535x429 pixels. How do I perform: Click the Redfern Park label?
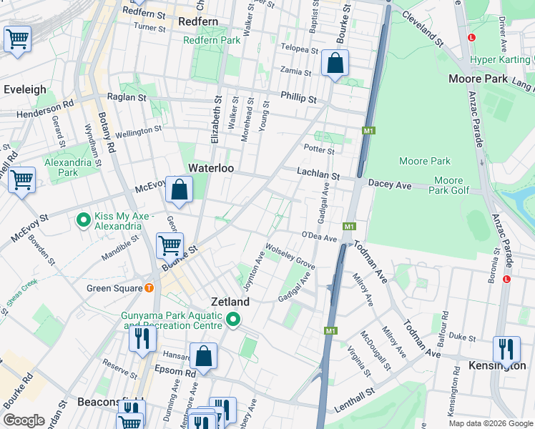tap(212, 40)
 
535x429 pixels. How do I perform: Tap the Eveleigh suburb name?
tap(25, 89)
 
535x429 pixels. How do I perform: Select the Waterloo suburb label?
tap(212, 168)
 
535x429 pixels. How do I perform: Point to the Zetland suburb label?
tap(230, 302)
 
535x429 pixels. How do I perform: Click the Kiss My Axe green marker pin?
tap(84, 220)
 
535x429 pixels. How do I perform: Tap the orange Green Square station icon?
tap(149, 288)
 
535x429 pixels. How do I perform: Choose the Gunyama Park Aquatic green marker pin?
tap(233, 320)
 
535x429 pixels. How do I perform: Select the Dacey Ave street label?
tap(390, 184)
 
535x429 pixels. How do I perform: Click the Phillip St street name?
tap(298, 97)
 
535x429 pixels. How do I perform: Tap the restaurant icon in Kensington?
tap(506, 350)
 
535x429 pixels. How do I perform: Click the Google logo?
tap(24, 420)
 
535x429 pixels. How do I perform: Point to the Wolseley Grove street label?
tap(290, 257)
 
